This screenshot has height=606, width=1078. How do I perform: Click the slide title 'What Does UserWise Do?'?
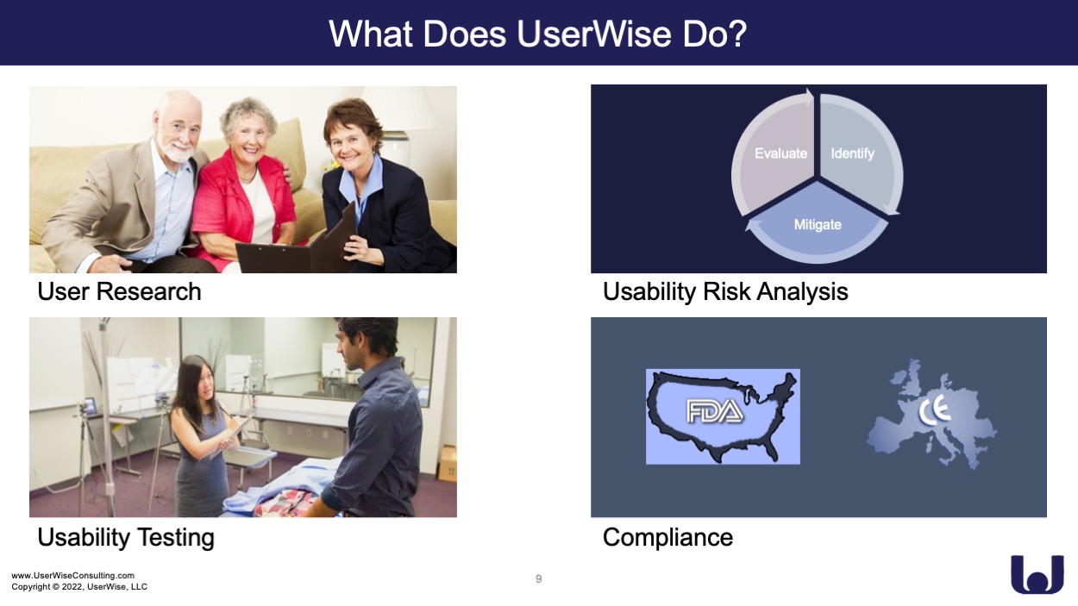point(537,34)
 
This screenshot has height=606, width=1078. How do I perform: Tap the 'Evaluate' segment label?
point(780,153)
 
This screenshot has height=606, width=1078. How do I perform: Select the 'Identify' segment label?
point(852,153)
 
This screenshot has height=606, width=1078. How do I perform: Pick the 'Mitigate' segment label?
point(818,225)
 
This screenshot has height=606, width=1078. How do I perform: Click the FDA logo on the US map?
point(714,412)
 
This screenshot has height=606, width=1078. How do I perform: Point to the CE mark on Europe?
point(935,412)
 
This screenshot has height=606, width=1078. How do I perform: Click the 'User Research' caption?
point(119,291)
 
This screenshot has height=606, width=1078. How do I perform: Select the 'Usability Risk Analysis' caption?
point(725,292)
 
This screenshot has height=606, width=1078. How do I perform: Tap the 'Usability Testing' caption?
point(126,538)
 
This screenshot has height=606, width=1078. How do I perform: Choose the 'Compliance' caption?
point(668,538)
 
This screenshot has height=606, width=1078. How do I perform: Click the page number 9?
point(538,578)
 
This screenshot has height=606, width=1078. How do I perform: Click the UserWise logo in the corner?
point(1037,575)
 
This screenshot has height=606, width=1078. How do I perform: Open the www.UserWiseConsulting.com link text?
point(73,576)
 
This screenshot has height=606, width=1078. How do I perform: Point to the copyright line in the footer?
point(79,587)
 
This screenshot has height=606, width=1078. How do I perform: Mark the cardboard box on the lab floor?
point(448,463)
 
